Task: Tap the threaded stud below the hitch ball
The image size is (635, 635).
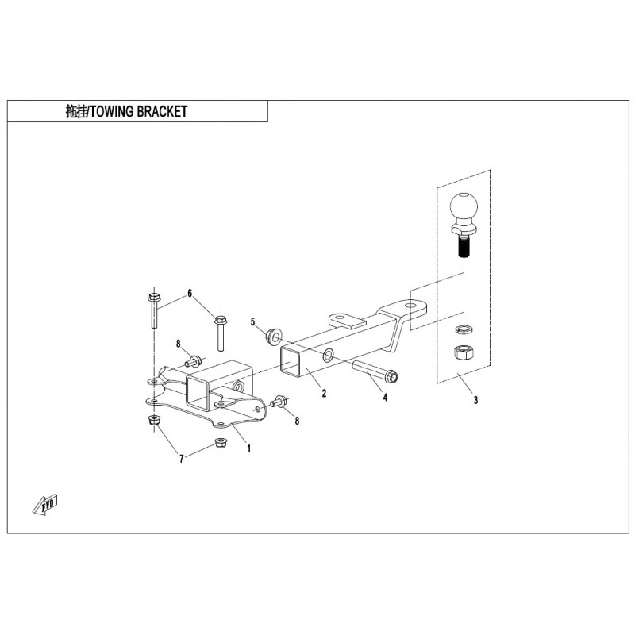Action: (x=464, y=247)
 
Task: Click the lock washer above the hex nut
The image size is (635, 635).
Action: (x=463, y=329)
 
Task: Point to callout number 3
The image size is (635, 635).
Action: (x=475, y=400)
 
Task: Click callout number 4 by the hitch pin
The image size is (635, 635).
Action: (x=385, y=398)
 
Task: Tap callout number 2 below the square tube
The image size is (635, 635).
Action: (x=324, y=393)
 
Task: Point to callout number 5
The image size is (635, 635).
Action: (x=253, y=322)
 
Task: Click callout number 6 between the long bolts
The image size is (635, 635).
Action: (x=190, y=293)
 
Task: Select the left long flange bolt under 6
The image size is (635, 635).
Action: (x=155, y=310)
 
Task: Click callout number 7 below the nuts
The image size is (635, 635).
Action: (x=182, y=459)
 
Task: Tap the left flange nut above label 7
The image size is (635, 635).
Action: (x=154, y=421)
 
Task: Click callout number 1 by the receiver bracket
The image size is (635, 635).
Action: (x=249, y=448)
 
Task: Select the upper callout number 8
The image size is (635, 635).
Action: (x=178, y=344)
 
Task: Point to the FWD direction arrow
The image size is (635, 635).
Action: (x=45, y=504)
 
